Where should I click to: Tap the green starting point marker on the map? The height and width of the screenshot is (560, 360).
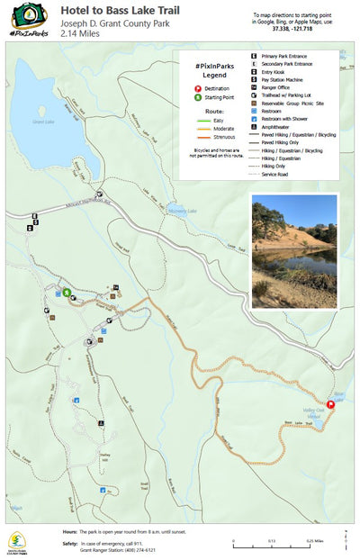tap(67, 292)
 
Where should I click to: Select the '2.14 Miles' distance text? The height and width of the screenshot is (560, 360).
tap(80, 32)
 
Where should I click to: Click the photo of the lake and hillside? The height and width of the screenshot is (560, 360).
tap(294, 251)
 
